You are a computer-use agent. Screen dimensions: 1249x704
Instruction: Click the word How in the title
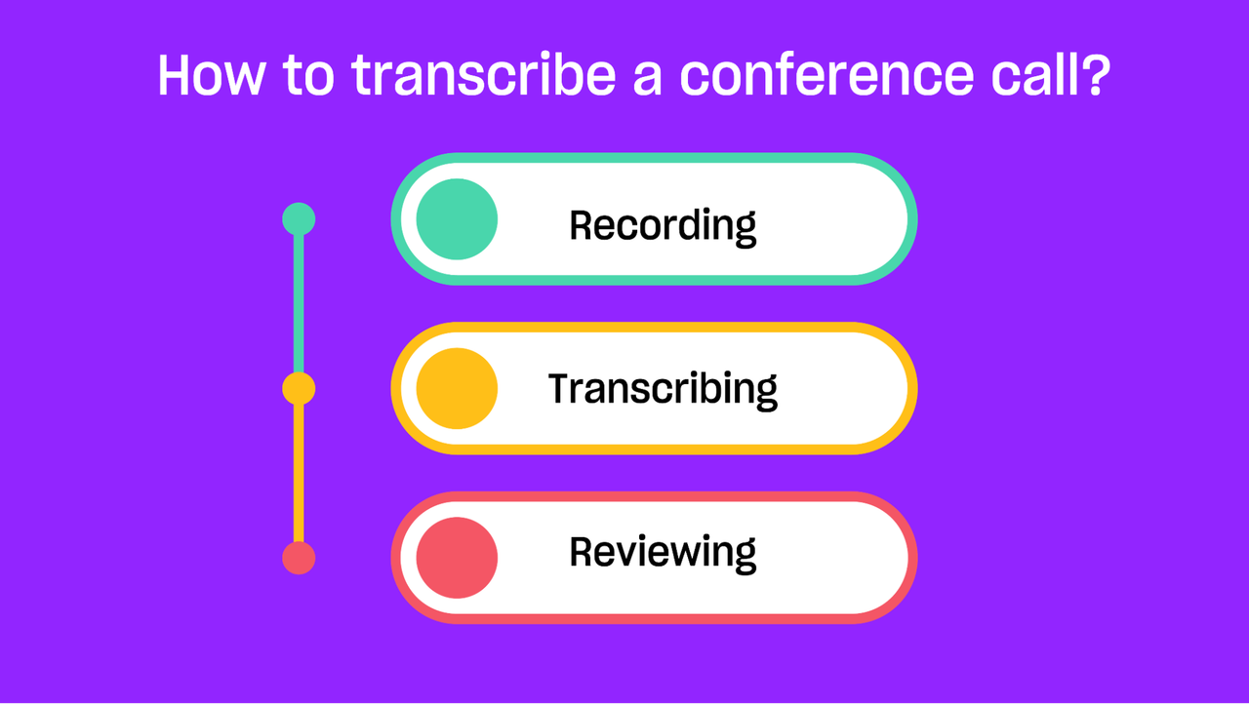(211, 75)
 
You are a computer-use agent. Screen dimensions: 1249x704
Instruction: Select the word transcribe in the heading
(483, 75)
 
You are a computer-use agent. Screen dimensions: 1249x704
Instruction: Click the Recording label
(663, 226)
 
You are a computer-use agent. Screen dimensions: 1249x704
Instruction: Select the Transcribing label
(663, 390)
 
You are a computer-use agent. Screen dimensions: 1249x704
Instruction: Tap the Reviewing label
(663, 554)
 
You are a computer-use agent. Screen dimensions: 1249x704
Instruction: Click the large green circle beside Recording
(457, 218)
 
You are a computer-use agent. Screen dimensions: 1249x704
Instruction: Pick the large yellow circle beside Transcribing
(457, 388)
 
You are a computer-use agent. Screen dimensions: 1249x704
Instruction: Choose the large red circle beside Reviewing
(457, 558)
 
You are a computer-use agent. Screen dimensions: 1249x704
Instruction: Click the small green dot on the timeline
(299, 218)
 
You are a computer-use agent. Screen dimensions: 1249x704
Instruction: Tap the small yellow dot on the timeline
(299, 388)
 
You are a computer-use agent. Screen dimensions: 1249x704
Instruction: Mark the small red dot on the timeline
(299, 558)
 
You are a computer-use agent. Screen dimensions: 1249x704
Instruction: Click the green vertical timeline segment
(299, 303)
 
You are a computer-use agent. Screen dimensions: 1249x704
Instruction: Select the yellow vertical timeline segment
(299, 473)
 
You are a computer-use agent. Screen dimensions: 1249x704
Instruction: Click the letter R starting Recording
(583, 225)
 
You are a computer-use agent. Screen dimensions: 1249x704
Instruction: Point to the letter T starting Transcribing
(561, 388)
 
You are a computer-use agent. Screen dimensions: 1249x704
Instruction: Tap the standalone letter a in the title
(647, 81)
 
